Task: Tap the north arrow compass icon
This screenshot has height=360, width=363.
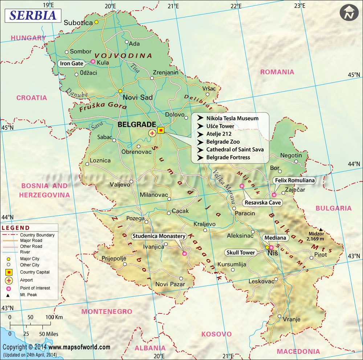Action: [349, 13]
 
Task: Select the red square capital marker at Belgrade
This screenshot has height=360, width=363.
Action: [161, 130]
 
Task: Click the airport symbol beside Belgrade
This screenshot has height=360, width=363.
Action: [152, 133]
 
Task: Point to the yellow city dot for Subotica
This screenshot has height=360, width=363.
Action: [96, 22]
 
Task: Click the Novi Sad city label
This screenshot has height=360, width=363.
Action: [138, 97]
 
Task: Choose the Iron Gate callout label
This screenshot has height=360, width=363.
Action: [71, 64]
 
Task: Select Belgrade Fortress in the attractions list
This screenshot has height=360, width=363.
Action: [228, 157]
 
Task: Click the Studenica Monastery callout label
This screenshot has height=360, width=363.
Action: [159, 236]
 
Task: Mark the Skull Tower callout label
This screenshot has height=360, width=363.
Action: [240, 252]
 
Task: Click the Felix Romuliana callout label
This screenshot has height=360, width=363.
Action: [294, 180]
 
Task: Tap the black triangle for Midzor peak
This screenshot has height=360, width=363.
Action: [321, 229]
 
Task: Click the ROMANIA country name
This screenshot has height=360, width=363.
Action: [277, 72]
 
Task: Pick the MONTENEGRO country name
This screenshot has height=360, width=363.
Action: [106, 312]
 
